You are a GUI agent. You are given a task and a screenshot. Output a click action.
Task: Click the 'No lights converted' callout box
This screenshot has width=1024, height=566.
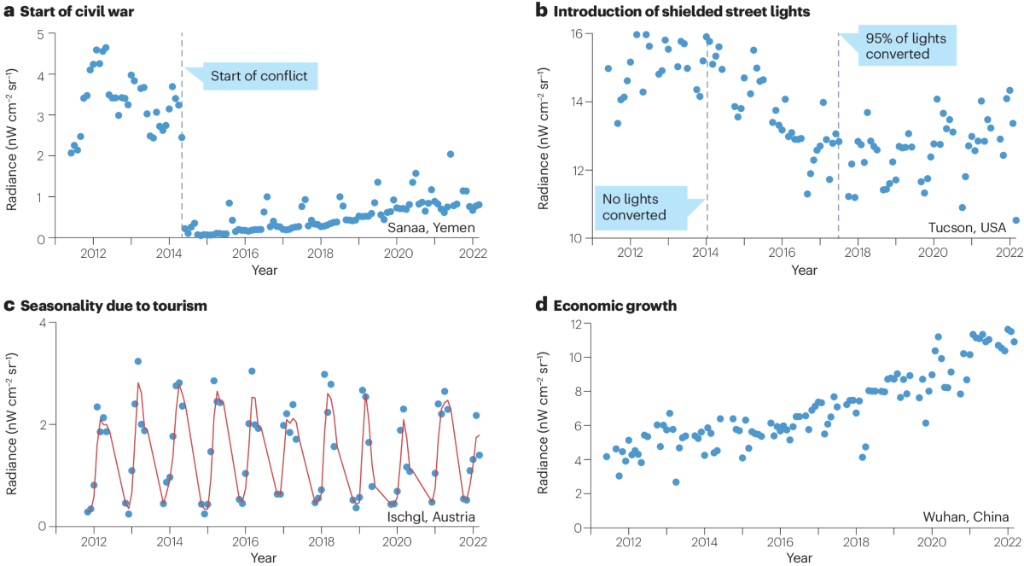point(646,206)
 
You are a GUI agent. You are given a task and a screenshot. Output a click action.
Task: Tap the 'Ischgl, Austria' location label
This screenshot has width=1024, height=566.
point(418,516)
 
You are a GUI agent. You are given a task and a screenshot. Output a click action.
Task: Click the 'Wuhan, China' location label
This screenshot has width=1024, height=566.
point(965,516)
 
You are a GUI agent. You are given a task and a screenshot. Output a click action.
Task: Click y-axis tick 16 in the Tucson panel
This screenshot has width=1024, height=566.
point(576,34)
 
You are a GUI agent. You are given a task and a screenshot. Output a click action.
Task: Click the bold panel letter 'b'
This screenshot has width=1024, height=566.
point(541,11)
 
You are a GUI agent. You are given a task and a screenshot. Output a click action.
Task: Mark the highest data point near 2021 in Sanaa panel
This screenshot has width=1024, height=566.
point(450,155)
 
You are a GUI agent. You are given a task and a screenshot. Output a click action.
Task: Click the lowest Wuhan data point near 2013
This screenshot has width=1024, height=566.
point(675,482)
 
